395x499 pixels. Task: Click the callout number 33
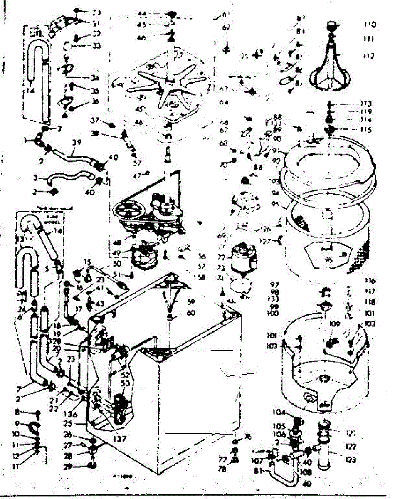(96, 46)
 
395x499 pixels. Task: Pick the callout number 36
(95, 101)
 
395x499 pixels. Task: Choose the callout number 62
(226, 27)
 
